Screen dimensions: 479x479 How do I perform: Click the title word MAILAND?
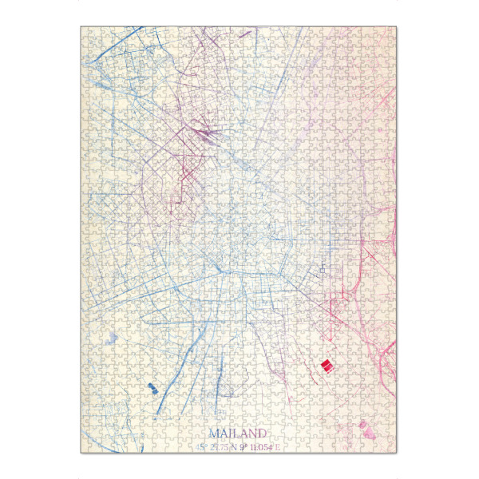pyautogui.click(x=237, y=433)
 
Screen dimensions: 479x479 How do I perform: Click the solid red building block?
pyautogui.click(x=326, y=365)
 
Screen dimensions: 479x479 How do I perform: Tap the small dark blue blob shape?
pyautogui.click(x=151, y=388)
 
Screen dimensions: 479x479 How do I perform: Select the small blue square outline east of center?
pyautogui.click(x=322, y=270)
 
